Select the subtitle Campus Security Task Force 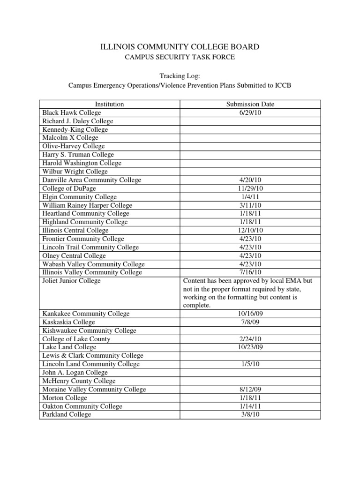(180, 57)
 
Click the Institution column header (109, 104)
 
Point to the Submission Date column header (250, 104)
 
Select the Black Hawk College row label (72, 112)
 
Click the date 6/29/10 (250, 112)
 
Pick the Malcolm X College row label (70, 138)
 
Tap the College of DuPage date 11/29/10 (250, 188)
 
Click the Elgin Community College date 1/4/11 (250, 197)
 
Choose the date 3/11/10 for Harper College (250, 205)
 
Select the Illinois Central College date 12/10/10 (250, 230)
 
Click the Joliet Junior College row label (71, 281)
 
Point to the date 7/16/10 (250, 272)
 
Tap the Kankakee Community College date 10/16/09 (250, 314)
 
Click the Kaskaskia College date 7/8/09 (250, 322)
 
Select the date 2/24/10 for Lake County (250, 339)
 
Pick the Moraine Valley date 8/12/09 (250, 389)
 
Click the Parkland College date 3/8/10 (250, 414)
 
